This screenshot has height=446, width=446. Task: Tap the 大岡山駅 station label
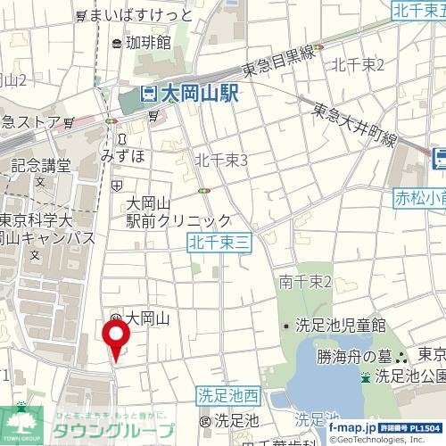[x=199, y=95]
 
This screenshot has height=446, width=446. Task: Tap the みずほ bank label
[x=121, y=154]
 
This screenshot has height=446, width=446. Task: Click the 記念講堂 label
[x=41, y=165]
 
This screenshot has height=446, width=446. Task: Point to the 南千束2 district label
[x=305, y=282]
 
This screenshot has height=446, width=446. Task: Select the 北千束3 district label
[x=221, y=159]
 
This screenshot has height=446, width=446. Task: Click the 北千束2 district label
[x=358, y=64]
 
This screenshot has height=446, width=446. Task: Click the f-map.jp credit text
[x=351, y=429]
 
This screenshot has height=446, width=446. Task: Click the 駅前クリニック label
[x=179, y=220]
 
